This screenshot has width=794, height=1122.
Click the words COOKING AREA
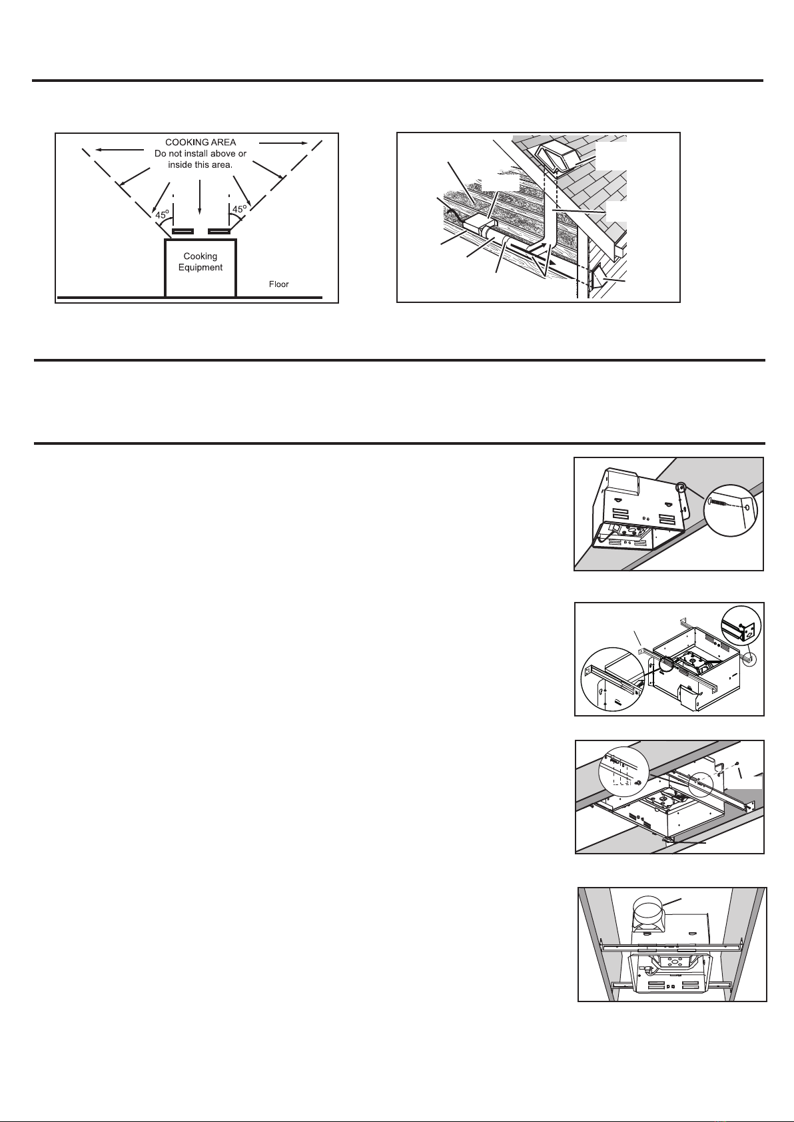(x=200, y=142)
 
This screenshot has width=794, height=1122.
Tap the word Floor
(x=278, y=284)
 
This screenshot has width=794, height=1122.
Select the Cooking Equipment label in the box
(x=200, y=262)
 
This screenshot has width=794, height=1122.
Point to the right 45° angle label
(x=239, y=209)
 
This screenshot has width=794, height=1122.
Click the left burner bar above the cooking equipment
(x=183, y=232)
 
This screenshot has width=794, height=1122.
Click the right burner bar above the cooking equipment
(x=219, y=232)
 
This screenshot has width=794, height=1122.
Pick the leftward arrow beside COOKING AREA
(x=120, y=149)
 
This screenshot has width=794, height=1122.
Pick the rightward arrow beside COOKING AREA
(x=283, y=143)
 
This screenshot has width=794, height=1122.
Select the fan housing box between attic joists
(x=476, y=226)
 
